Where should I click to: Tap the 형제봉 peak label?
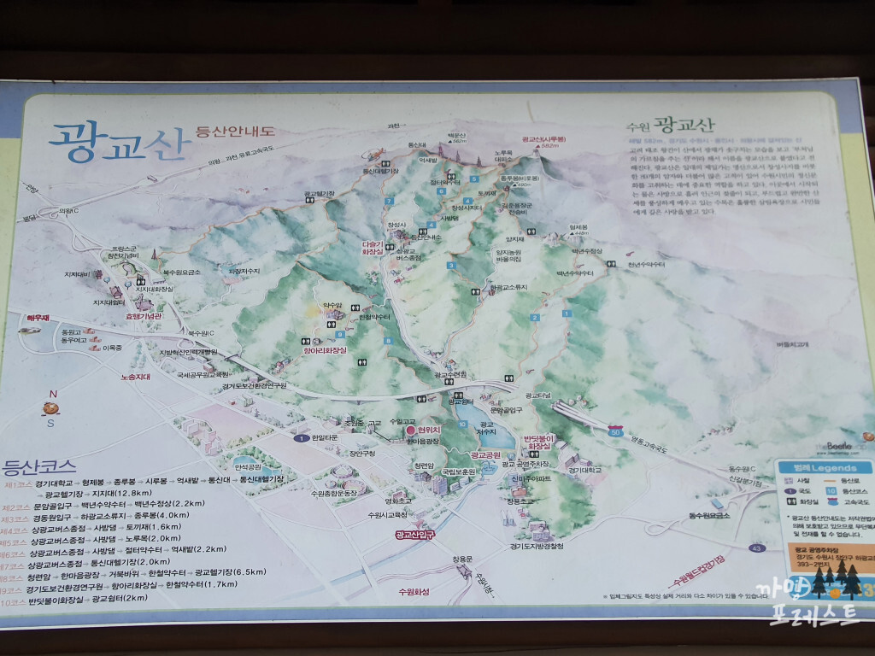click(x=581, y=227)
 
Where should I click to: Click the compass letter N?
click(x=52, y=395)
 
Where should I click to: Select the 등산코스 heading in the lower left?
click(x=40, y=467)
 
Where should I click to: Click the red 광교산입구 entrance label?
click(x=415, y=535)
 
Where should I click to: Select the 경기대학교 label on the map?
click(x=582, y=470)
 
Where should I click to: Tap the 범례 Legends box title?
click(x=822, y=467)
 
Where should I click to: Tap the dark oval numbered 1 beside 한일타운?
click(x=301, y=438)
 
